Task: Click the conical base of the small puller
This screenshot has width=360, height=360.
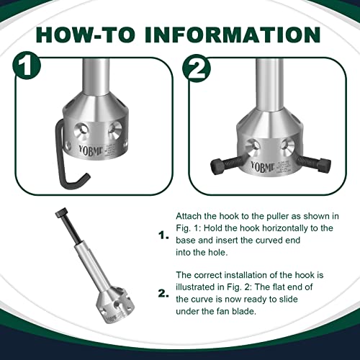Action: pyautogui.click(x=106, y=303)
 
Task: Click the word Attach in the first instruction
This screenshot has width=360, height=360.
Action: pyautogui.click(x=189, y=216)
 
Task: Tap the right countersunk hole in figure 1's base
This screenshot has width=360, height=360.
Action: pyautogui.click(x=114, y=130)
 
